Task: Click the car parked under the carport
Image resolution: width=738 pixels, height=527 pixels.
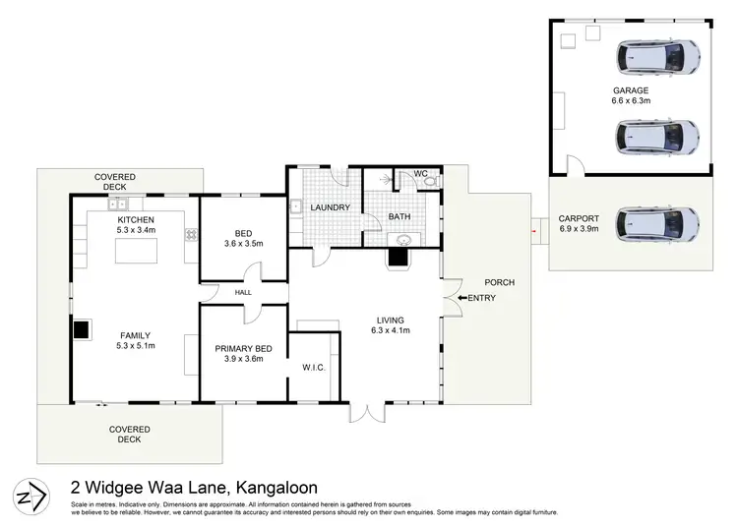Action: click(656, 224)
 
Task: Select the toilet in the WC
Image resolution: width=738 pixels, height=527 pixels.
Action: click(428, 181)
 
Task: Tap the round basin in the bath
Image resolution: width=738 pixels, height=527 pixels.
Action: click(403, 238)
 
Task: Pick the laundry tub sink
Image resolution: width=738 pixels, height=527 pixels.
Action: click(294, 207)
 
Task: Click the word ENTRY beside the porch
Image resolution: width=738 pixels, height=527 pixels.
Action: click(481, 299)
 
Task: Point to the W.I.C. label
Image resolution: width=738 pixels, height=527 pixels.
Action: click(313, 368)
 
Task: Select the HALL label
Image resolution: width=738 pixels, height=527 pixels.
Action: click(243, 292)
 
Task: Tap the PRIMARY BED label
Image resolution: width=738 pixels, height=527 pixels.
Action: click(243, 348)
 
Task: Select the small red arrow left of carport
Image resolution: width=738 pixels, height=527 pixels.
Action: click(532, 231)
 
